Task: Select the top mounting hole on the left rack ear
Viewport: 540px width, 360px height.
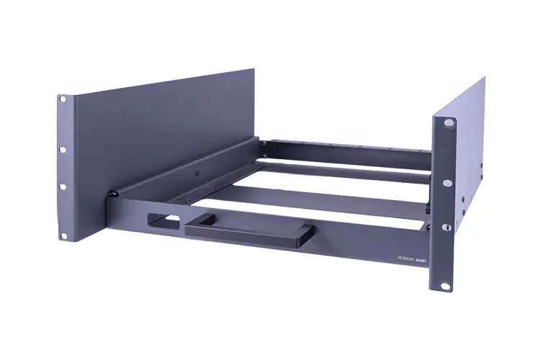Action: click(x=63, y=98)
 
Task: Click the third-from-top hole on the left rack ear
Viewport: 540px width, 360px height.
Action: click(x=63, y=186)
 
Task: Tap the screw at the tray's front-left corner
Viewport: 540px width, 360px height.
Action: click(x=112, y=194)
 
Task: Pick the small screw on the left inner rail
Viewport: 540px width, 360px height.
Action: click(x=197, y=174)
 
